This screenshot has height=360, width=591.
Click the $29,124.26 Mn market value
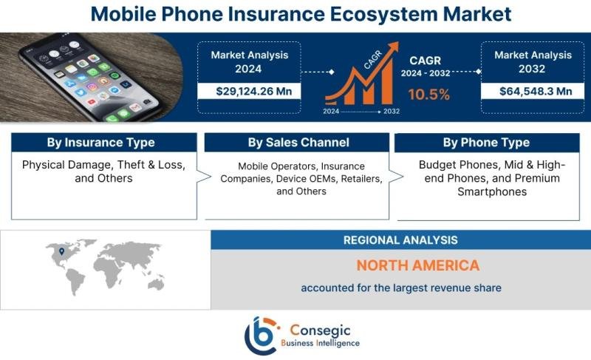pos(253,91)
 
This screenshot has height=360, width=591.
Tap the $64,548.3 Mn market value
pos(536,91)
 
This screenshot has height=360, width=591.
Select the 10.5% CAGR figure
pos(428,94)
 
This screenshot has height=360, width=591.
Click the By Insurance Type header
pos(100,143)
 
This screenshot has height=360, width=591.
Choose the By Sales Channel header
pos(298,143)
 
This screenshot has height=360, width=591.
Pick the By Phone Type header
pos(486,143)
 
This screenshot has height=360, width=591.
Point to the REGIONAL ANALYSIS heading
pos(400,240)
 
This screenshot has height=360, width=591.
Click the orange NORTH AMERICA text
pos(418,265)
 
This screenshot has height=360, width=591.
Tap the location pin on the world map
pos(62,251)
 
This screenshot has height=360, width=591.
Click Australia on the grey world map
pos(156,283)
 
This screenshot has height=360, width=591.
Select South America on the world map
pos(76,282)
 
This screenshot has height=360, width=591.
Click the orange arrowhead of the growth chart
pos(392,48)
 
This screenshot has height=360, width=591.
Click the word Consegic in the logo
pos(320,330)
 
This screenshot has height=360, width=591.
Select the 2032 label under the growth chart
pos(392,111)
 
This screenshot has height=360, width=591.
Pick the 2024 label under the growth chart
pos(331,111)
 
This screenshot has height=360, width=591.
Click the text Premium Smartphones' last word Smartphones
pos(492,192)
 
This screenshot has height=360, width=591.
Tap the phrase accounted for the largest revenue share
pos(401,288)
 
